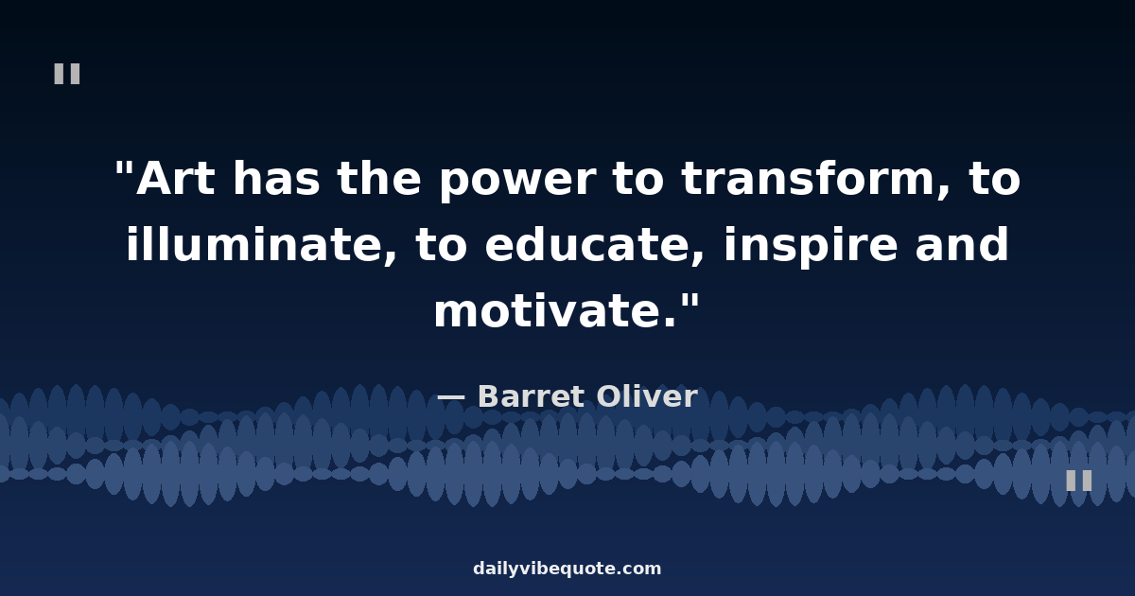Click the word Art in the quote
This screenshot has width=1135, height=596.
pyautogui.click(x=175, y=179)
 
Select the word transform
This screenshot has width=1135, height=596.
pyautogui.click(x=808, y=178)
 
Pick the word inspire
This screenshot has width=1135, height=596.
pyautogui.click(x=811, y=247)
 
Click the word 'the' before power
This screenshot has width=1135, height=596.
pyautogui.click(x=379, y=178)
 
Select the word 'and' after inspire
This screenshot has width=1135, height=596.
pyautogui.click(x=962, y=244)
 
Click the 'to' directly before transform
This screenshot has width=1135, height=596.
pyautogui.click(x=637, y=180)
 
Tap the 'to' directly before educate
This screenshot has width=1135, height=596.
pyautogui.click(x=441, y=245)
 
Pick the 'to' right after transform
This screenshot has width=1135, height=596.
pyautogui.click(x=995, y=180)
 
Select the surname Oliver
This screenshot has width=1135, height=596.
pyautogui.click(x=647, y=395)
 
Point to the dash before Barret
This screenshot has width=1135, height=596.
pyautogui.click(x=451, y=398)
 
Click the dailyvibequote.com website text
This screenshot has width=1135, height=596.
pyautogui.click(x=567, y=569)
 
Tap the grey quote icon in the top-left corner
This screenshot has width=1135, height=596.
pyautogui.click(x=67, y=74)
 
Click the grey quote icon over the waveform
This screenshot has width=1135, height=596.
pyautogui.click(x=1079, y=481)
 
